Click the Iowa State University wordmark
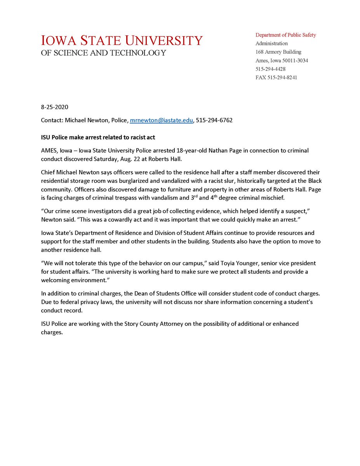(122, 40)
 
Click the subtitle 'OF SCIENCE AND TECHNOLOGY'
(103, 53)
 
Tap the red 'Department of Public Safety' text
(285, 35)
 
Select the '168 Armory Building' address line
(278, 52)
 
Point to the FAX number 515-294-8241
(276, 78)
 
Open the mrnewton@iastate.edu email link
(161, 120)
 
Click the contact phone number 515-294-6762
(214, 120)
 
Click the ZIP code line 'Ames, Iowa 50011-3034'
(282, 61)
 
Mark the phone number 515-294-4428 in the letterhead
(270, 69)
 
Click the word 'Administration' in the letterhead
(271, 43)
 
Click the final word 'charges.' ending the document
(52, 332)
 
